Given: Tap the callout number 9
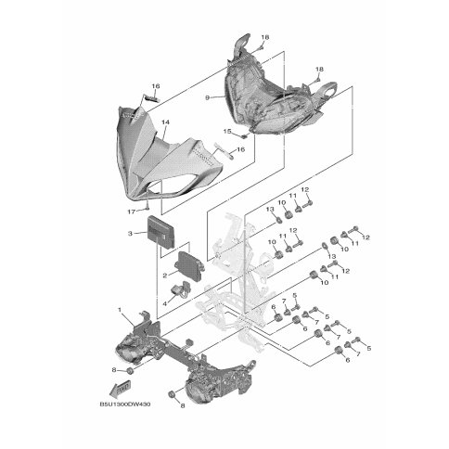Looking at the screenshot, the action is (208, 97).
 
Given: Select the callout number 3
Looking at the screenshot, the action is (130, 234).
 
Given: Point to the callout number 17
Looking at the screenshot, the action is (132, 212).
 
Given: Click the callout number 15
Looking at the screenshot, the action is (227, 132).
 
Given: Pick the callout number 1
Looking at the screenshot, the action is (120, 310).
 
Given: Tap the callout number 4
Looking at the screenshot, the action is (165, 304).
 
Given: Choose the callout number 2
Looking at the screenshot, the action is (165, 276).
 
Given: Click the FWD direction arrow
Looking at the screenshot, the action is (121, 389).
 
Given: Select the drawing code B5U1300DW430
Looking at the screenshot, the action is (125, 404).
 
